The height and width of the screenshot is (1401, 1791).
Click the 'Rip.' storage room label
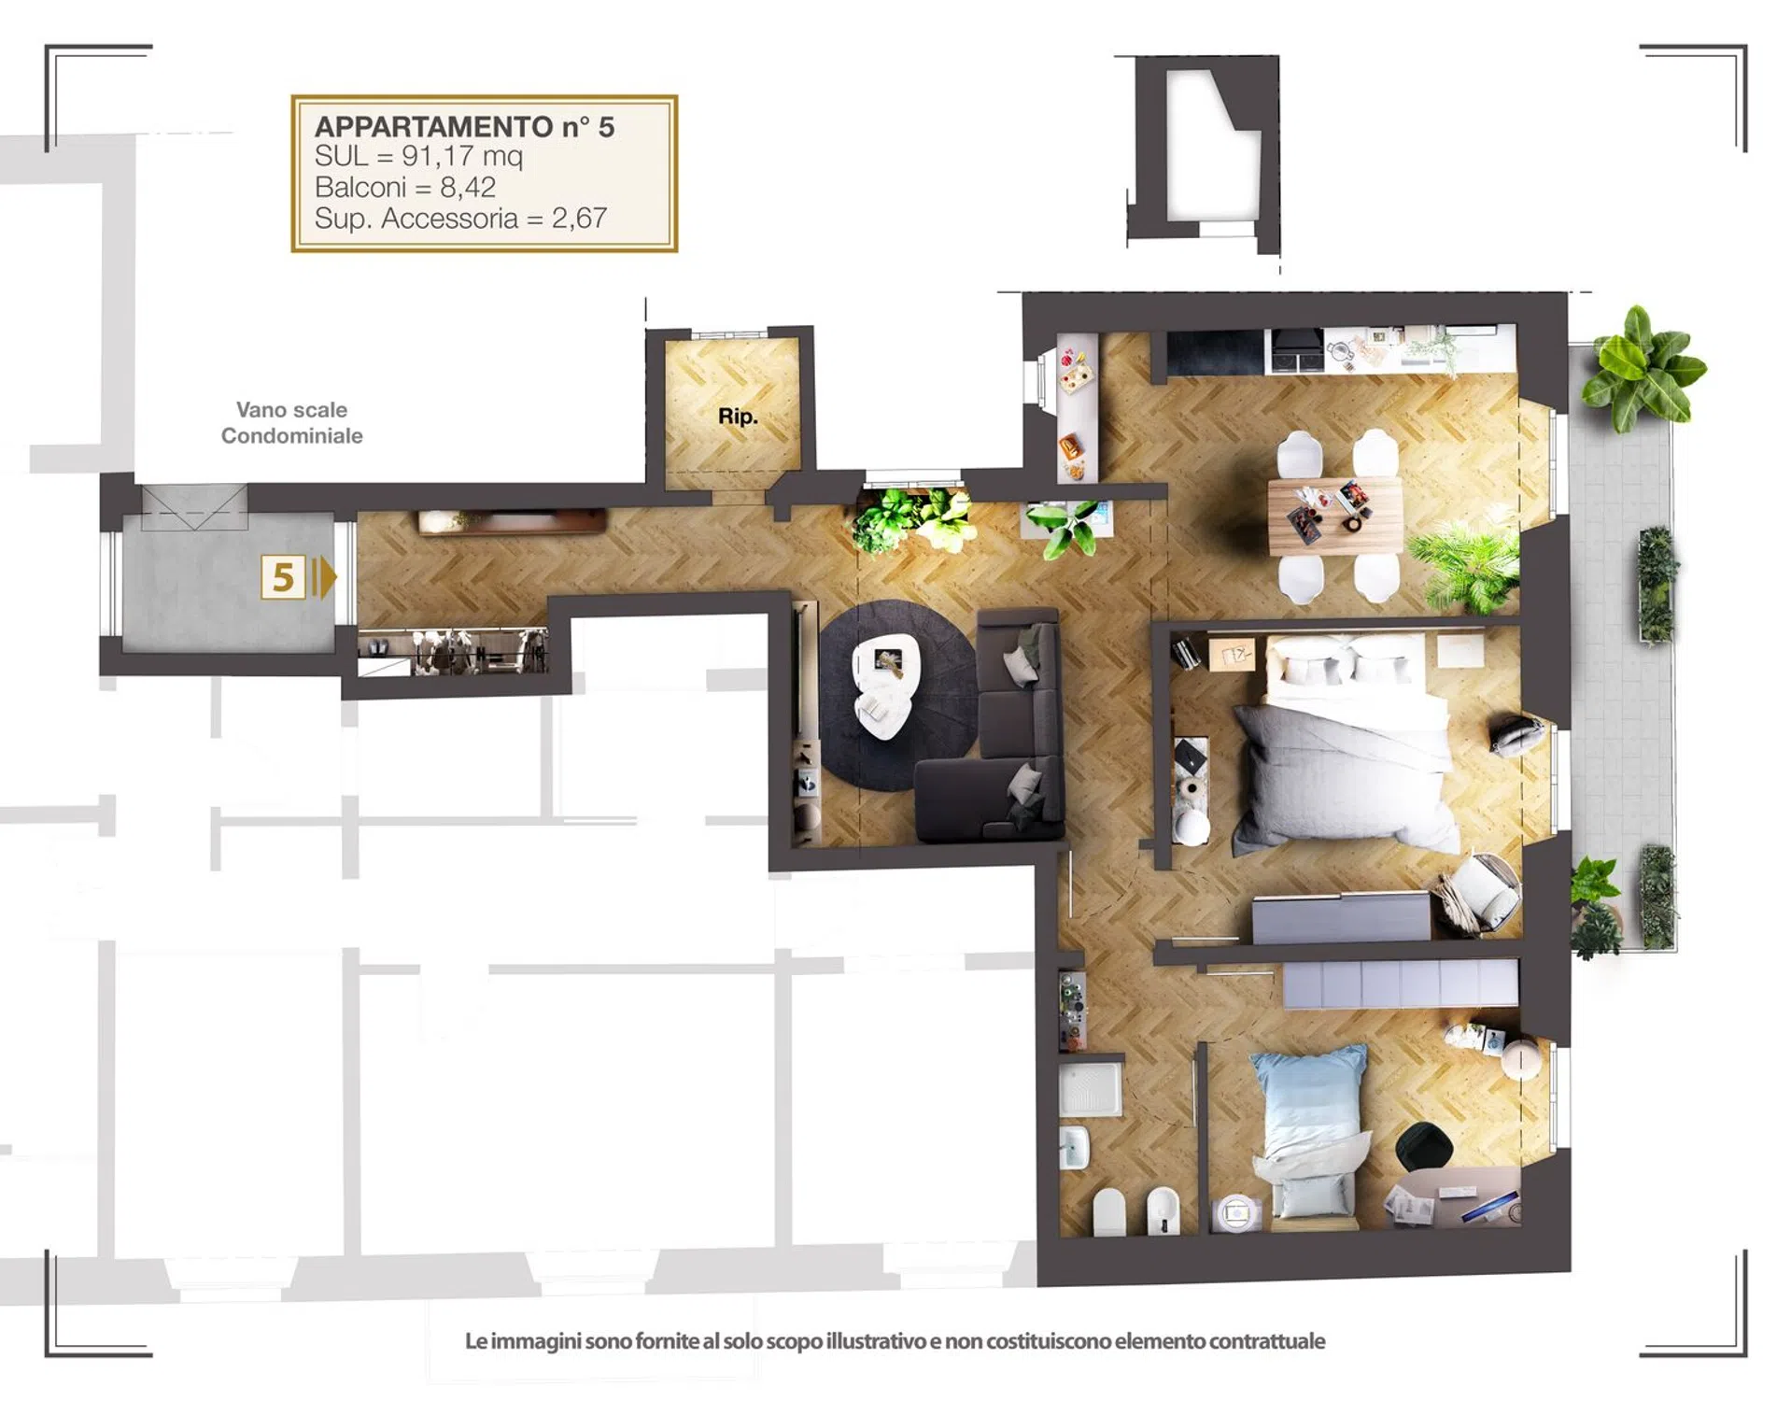tap(737, 417)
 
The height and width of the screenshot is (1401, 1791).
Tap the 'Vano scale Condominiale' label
tap(291, 422)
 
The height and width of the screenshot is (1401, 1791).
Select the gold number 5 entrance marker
tap(283, 577)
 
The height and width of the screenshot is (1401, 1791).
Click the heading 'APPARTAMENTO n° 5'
tap(464, 126)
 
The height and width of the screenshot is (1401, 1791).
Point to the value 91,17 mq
tap(462, 156)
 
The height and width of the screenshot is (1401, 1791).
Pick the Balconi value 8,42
tap(467, 187)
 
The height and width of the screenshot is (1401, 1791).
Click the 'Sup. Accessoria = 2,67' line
tap(460, 218)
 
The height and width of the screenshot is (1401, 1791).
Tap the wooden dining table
tap(1335, 517)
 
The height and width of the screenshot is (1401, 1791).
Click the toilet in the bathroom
tap(1109, 1211)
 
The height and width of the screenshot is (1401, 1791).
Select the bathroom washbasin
tap(1075, 1147)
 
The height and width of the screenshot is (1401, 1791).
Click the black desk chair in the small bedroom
tap(1424, 1146)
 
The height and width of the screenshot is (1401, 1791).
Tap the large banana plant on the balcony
tap(1644, 368)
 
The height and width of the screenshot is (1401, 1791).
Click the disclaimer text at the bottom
tap(895, 1341)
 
